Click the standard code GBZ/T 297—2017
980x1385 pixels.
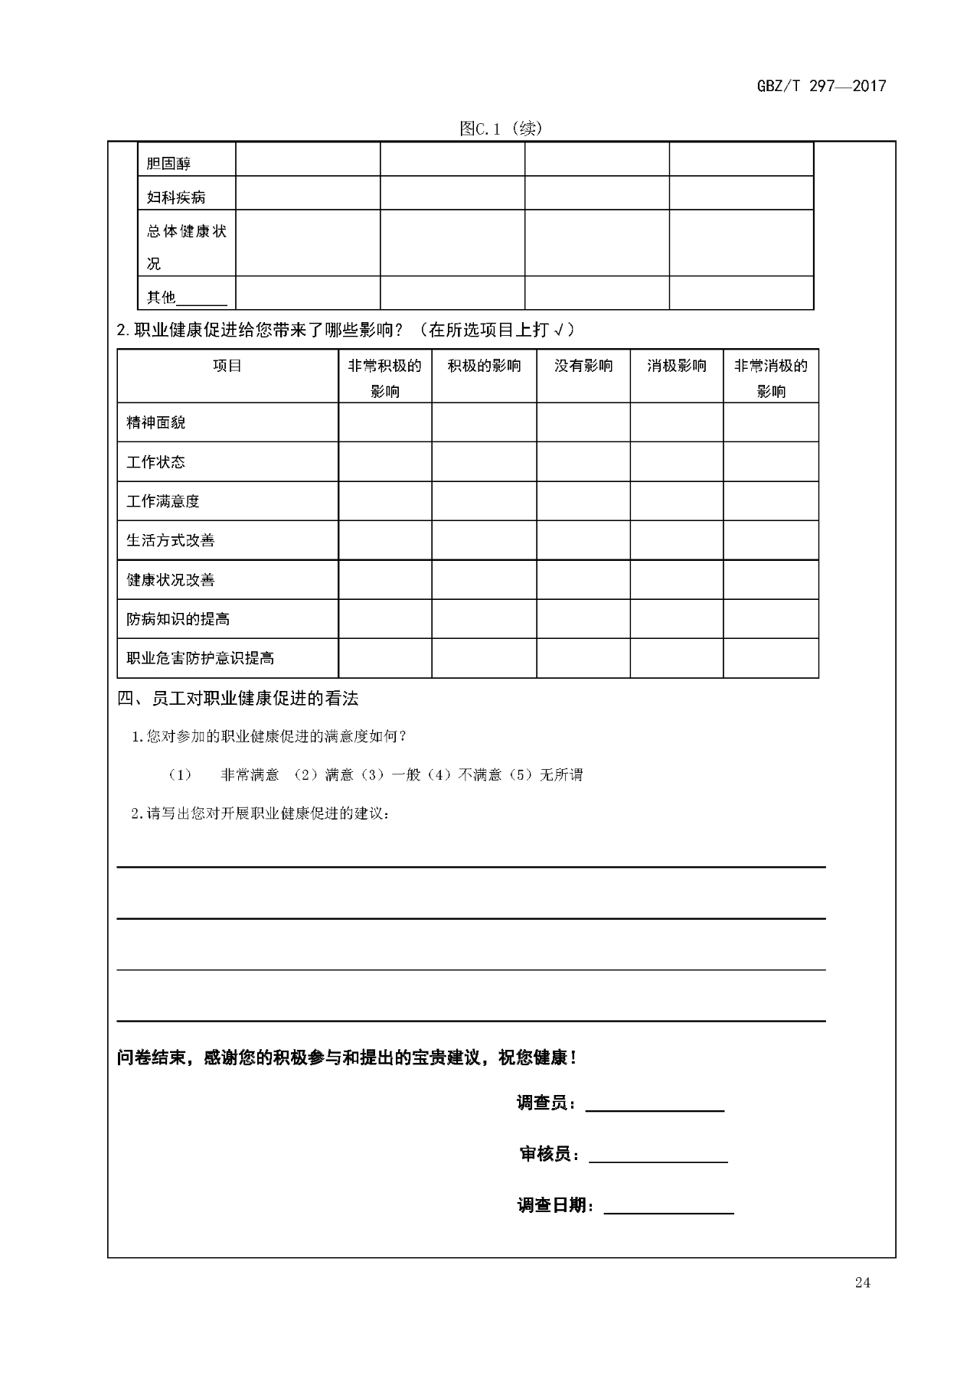point(821,86)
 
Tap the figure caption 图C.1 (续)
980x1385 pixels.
point(501,129)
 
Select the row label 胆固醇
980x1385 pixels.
point(168,163)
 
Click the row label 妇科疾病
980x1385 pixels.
point(176,197)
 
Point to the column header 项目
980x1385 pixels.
point(227,366)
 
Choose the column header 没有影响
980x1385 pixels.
point(583,366)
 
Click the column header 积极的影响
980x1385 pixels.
point(484,366)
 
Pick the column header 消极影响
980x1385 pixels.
point(677,366)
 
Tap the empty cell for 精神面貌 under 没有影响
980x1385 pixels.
point(583,422)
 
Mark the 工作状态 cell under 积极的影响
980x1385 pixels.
point(484,462)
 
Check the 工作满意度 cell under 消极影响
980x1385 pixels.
point(677,501)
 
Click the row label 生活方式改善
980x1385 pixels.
point(171,540)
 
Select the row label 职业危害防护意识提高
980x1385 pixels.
point(201,658)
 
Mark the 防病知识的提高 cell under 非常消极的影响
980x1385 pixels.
point(771,619)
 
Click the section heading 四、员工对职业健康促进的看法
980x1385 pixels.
point(238,698)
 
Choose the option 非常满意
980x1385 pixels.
point(250,775)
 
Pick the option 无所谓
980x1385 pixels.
point(561,775)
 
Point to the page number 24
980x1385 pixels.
point(863,1283)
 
